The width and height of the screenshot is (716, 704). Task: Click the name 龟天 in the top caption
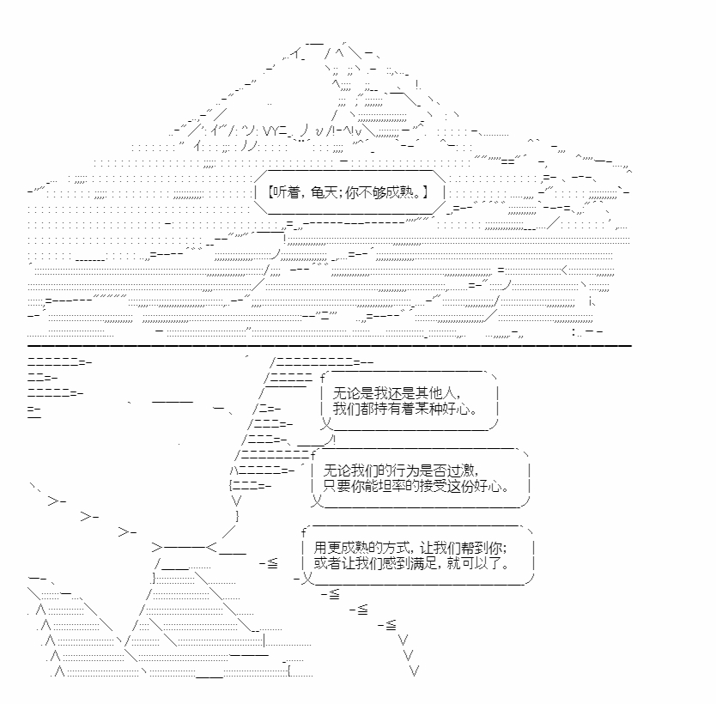324,192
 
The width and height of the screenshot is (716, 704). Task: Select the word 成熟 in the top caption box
399,192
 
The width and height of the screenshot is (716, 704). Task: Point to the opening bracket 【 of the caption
270,192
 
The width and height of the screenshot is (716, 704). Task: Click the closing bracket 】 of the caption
425,192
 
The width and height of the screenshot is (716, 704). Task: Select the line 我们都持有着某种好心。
405,408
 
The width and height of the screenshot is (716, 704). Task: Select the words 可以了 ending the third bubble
481,562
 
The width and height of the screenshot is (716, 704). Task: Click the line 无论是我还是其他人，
397,392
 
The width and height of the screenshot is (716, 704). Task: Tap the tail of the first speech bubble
325,424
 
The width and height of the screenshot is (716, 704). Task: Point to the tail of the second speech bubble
317,501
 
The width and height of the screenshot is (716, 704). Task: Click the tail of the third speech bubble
306,578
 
